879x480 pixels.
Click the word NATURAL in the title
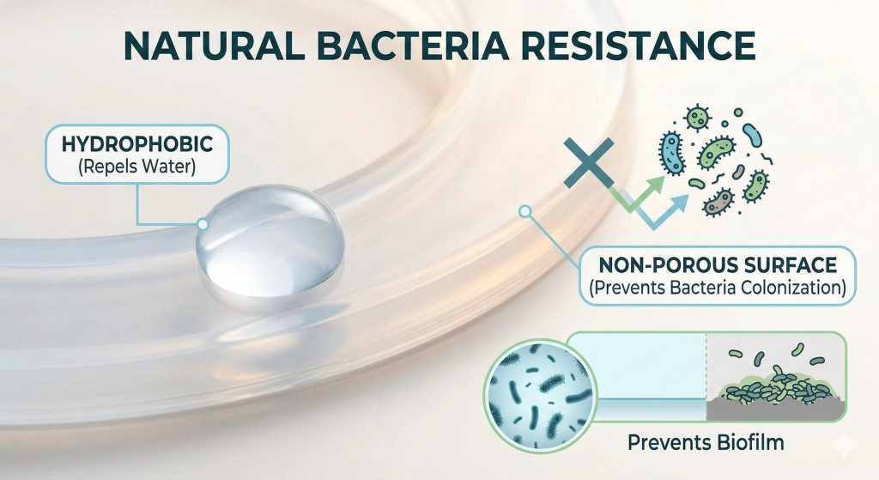[214, 46]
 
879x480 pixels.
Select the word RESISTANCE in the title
[639, 46]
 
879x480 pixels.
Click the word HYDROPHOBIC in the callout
[137, 144]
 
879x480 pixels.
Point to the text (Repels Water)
[137, 167]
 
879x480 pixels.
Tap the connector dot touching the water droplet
[203, 224]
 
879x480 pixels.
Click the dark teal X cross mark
[589, 162]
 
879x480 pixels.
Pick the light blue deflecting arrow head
[679, 204]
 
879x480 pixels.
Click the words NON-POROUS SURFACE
[718, 264]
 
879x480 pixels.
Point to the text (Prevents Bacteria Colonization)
[718, 288]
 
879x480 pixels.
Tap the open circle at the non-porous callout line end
[524, 211]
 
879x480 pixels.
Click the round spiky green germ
[698, 118]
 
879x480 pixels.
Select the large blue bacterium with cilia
[671, 153]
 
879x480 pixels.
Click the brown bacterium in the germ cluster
[718, 203]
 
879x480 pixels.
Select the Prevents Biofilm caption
[706, 442]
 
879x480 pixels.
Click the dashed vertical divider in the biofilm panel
[706, 376]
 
